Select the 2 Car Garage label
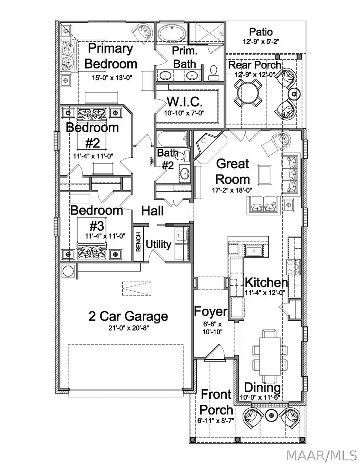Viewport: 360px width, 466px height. click(x=128, y=316)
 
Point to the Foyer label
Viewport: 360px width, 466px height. click(x=210, y=311)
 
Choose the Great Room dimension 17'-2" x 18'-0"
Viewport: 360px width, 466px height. click(x=232, y=191)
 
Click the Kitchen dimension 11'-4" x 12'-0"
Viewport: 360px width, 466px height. click(x=265, y=292)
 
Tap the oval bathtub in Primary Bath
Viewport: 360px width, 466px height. click(x=170, y=33)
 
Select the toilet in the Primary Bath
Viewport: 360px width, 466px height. click(x=213, y=71)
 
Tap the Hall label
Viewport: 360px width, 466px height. click(x=152, y=211)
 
